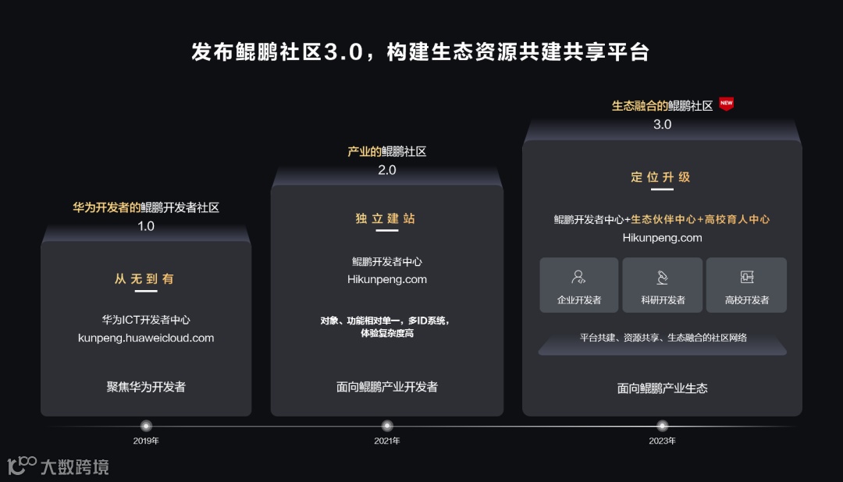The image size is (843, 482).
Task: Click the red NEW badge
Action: tap(726, 104)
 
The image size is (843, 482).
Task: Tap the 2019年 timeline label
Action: tap(146, 441)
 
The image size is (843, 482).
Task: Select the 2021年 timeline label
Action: tap(387, 441)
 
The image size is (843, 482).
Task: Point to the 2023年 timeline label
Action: tap(662, 441)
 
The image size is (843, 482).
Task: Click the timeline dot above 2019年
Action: tap(146, 426)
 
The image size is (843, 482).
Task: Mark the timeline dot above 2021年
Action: tap(387, 426)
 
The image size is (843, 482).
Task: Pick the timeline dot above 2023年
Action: tap(662, 426)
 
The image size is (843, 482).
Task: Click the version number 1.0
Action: tap(146, 226)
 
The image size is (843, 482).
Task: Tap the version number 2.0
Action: tap(387, 170)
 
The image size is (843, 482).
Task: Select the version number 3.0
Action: tap(662, 124)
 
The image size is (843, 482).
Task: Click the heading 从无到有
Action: tap(146, 278)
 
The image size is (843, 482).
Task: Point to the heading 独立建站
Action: tap(387, 218)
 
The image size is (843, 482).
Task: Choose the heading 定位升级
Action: tap(661, 177)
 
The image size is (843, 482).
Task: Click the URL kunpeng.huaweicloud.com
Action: tap(146, 338)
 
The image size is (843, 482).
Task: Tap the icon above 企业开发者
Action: tap(578, 277)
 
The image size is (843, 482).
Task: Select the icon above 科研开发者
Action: tap(663, 277)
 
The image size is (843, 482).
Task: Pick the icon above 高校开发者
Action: tap(746, 277)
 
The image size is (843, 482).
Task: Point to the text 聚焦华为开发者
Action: tap(146, 386)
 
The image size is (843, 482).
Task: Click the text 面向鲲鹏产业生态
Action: tap(662, 388)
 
